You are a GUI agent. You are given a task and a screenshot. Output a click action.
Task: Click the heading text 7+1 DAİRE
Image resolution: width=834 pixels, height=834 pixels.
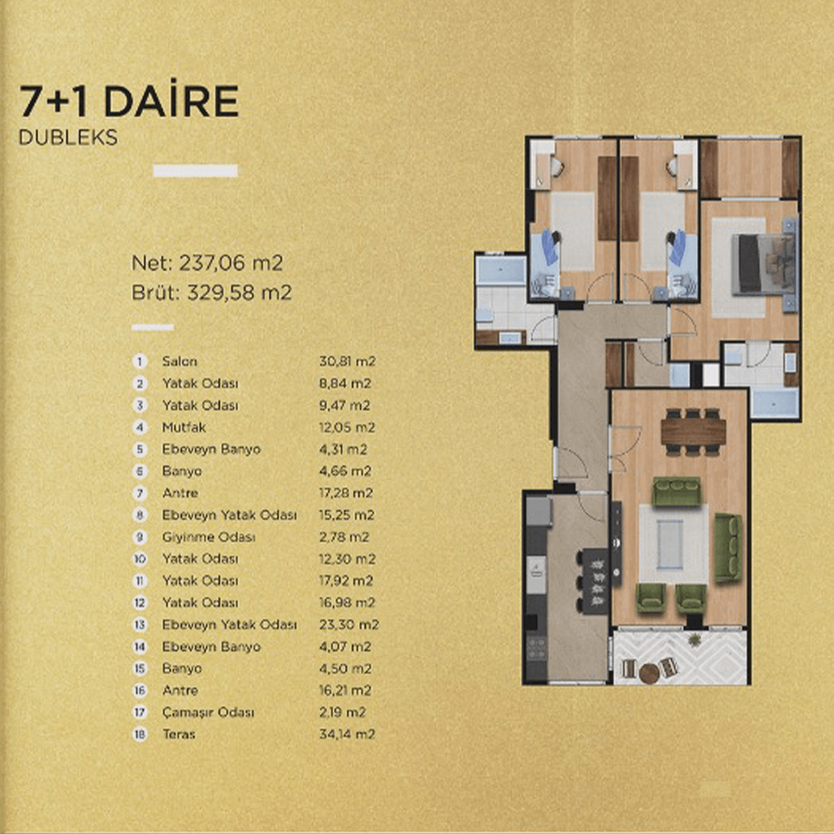pos(129,101)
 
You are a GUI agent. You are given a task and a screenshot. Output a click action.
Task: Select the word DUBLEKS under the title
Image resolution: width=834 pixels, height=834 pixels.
pos(68,137)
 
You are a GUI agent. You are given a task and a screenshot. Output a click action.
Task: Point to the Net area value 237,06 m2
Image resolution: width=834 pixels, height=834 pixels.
pos(231,263)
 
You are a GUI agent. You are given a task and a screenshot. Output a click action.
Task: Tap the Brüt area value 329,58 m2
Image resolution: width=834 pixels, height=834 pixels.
pos(239,293)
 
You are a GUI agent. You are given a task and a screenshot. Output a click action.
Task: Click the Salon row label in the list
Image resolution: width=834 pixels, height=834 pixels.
pos(180,361)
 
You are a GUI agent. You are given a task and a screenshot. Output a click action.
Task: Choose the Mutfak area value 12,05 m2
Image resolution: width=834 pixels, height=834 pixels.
pos(347,427)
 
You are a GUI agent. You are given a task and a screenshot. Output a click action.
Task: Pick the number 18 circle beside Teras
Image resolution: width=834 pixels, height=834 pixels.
pos(140,734)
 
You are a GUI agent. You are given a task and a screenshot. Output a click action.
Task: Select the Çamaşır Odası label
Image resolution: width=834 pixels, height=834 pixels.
pos(208,712)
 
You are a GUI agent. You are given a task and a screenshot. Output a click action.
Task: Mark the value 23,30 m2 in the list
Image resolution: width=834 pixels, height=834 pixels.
pos(349,625)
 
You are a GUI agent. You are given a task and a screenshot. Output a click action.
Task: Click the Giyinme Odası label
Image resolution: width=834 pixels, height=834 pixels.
pos(208,537)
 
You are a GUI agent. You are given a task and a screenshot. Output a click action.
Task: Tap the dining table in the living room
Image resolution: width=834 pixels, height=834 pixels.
pos(693,432)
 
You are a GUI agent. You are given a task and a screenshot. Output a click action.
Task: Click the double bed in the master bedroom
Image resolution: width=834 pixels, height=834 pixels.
pos(764,264)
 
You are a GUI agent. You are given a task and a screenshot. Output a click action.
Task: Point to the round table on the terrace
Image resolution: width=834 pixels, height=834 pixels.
pos(649,673)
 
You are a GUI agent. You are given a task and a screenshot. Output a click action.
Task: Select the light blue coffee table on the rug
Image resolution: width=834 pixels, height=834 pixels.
pos(670,544)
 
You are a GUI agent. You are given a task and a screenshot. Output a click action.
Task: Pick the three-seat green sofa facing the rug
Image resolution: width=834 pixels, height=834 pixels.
pos(676,491)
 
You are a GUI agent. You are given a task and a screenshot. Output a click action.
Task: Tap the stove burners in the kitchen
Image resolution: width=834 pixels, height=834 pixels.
pos(536,649)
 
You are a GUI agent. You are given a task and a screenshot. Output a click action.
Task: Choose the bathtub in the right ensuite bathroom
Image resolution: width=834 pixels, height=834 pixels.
pos(774,403)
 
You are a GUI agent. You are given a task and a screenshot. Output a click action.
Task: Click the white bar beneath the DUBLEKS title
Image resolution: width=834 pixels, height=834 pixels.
pos(195,171)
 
